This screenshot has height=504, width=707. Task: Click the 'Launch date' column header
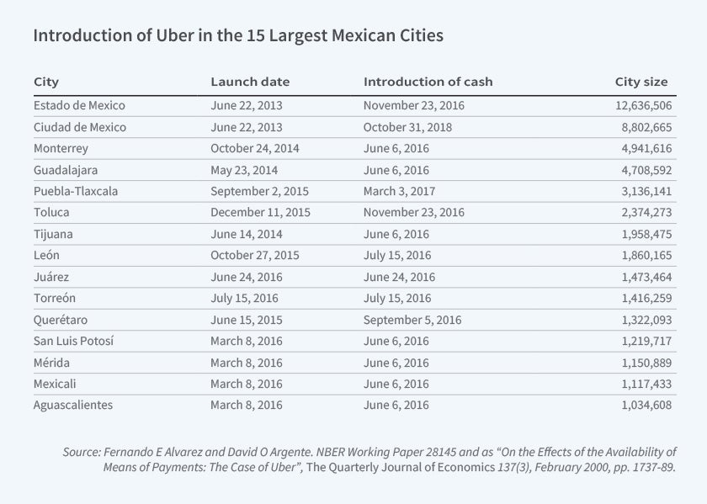click(250, 82)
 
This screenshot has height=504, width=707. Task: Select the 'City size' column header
click(641, 82)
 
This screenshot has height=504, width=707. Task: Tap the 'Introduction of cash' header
click(428, 82)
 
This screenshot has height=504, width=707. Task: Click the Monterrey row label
click(61, 148)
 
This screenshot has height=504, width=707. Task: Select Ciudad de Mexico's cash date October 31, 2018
click(408, 127)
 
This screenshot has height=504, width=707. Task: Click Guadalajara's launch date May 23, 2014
click(245, 170)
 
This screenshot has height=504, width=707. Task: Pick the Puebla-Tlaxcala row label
click(76, 191)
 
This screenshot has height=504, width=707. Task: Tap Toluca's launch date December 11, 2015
click(260, 213)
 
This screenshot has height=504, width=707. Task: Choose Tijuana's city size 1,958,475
click(641, 234)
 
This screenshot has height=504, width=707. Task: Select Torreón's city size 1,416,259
click(641, 298)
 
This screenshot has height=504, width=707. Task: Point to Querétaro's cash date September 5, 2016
click(412, 320)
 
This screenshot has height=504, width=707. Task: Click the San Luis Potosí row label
click(73, 341)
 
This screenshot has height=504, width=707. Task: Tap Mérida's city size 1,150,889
click(641, 363)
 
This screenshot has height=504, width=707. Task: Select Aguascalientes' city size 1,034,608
click(641, 405)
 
